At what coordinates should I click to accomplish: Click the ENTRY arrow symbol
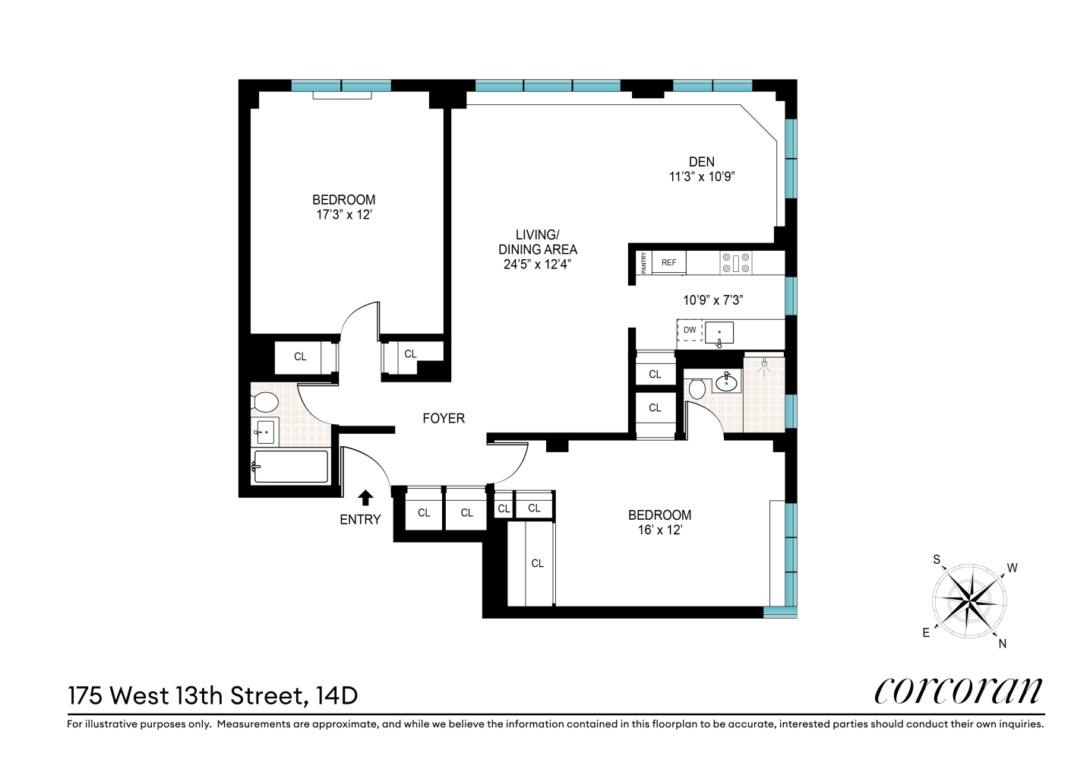[365, 498]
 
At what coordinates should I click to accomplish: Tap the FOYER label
[444, 418]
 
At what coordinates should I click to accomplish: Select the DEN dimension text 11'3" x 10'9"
[701, 176]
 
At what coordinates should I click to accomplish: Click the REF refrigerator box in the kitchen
[668, 263]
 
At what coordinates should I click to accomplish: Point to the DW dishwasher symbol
[690, 331]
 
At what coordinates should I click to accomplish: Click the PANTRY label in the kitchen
[643, 263]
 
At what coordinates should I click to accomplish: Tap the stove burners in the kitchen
[736, 263]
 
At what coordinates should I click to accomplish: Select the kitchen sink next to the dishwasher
[719, 333]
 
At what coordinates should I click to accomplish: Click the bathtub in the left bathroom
[290, 466]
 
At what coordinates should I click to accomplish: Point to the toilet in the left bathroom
[264, 401]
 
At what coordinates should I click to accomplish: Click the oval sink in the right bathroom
[727, 382]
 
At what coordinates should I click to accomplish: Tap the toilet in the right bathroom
[697, 388]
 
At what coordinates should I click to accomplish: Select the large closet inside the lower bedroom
[537, 563]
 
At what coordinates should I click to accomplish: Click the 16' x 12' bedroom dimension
[659, 530]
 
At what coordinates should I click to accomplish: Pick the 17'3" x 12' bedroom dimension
[343, 214]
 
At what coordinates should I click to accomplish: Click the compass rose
[969, 602]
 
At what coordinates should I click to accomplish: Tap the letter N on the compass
[1002, 644]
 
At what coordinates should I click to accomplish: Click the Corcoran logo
[959, 690]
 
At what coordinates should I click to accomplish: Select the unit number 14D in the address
[336, 695]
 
